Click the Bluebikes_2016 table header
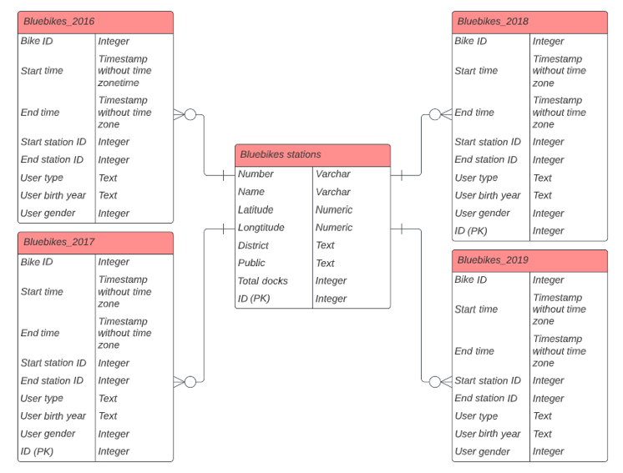click(95, 22)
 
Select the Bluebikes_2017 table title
click(95, 243)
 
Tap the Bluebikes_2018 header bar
click(529, 22)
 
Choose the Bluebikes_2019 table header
click(529, 260)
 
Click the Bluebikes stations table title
click(312, 155)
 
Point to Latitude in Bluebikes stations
click(256, 209)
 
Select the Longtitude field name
click(261, 228)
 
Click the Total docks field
click(263, 281)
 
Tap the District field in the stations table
click(253, 245)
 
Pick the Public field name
click(251, 264)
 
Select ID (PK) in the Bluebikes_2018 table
click(471, 231)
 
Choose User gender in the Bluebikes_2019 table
click(482, 451)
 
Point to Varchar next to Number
click(333, 174)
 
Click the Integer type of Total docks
click(331, 281)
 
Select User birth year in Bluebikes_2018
click(488, 195)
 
